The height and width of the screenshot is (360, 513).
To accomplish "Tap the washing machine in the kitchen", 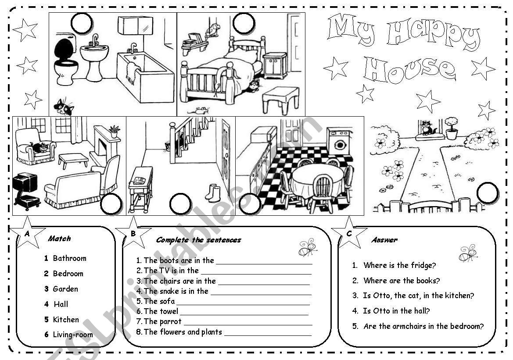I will click(339, 141).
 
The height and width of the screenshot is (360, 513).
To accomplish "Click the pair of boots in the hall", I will click(214, 193).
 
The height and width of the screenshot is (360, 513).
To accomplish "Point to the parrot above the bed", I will click(214, 31).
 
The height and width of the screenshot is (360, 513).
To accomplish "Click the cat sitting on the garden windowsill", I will click(426, 128).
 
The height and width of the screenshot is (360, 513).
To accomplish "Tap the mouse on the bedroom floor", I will click(201, 110).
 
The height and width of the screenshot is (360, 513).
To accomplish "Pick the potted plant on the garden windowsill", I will click(451, 128).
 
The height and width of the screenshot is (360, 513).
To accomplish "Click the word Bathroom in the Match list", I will click(69, 258).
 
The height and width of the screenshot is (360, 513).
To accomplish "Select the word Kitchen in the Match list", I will click(66, 320).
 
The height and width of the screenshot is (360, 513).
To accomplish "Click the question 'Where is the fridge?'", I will click(399, 265).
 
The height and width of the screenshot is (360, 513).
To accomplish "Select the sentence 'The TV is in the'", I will click(171, 271).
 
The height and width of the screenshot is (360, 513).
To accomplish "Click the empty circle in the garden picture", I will click(487, 193).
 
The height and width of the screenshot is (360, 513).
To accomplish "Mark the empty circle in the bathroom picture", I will click(82, 23).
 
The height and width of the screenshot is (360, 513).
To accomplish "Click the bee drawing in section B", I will click(308, 248).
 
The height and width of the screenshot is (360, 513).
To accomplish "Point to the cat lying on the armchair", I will click(39, 147).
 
